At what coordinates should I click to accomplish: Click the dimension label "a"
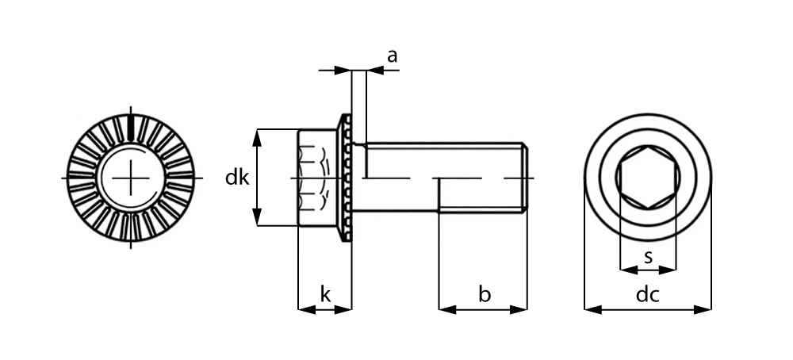pyautogui.click(x=392, y=56)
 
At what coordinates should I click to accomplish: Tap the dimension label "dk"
pyautogui.click(x=237, y=178)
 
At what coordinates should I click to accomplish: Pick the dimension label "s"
pyautogui.click(x=648, y=257)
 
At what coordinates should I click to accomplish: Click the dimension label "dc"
pyautogui.click(x=647, y=295)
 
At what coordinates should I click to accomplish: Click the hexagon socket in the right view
pyautogui.click(x=648, y=178)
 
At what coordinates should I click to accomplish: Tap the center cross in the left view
pyautogui.click(x=131, y=178)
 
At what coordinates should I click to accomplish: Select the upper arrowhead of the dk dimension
pyautogui.click(x=258, y=137)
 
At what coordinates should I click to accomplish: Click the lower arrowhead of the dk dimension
pyautogui.click(x=258, y=217)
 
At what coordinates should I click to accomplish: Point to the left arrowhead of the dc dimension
pyautogui.click(x=592, y=309)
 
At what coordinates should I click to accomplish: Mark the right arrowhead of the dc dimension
pyautogui.click(x=703, y=309)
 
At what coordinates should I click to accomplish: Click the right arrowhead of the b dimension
pyautogui.click(x=519, y=309)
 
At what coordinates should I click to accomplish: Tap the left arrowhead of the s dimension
pyautogui.click(x=629, y=270)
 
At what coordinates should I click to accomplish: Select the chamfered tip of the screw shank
pyautogui.click(x=525, y=178)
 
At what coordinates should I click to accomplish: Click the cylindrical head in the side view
pyautogui.click(x=317, y=178)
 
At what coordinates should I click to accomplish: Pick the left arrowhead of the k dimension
pyautogui.click(x=307, y=309)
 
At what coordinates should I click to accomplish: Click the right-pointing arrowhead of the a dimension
pyautogui.click(x=343, y=71)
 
